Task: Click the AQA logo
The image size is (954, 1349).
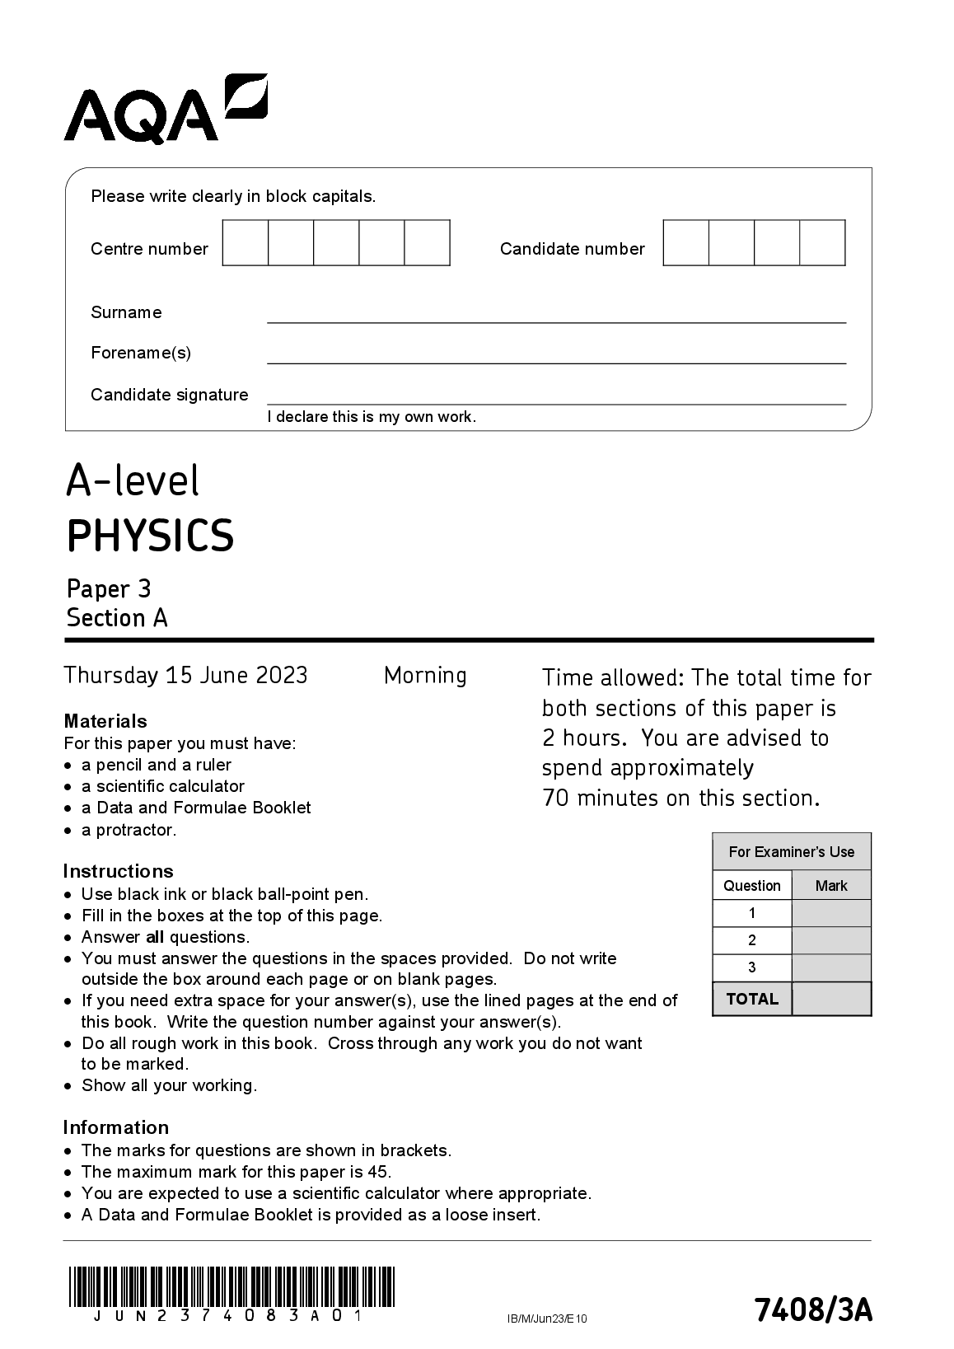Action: coord(165,110)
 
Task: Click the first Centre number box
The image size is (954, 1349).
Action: coord(246,243)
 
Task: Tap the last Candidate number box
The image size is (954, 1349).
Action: coord(822,243)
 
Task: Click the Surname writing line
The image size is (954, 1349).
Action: coord(556,321)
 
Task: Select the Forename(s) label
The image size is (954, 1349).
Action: coord(141,353)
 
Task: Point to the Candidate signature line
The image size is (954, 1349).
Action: coord(556,403)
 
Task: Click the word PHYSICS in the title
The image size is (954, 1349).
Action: coord(151,536)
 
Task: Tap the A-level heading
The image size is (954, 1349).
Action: coord(133,480)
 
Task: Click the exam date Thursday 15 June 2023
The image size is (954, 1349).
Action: coord(185,676)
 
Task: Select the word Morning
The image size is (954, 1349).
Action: coord(425,676)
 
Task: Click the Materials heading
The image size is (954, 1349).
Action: coord(105,721)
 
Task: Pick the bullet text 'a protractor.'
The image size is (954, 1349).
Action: coord(129,830)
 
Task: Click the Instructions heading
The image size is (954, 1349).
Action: coord(118,871)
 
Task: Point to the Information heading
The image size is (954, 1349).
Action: coord(116,1127)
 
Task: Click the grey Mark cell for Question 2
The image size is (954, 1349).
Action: coord(831,940)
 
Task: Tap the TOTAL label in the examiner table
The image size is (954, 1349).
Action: coord(752,999)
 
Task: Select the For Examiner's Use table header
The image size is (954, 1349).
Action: coord(791,852)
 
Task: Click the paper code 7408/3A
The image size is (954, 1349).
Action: coord(812,1310)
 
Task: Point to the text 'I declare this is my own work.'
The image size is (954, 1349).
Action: coord(372,417)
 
